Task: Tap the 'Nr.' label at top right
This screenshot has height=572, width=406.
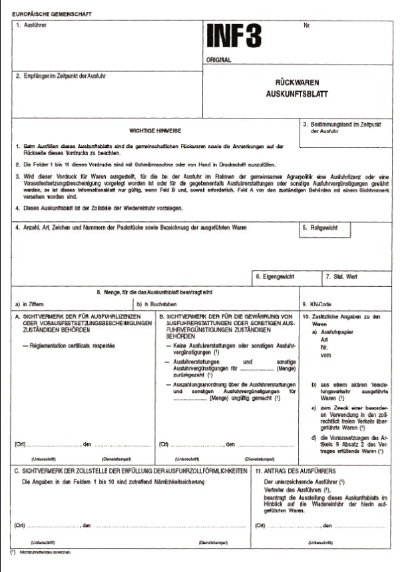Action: pyautogui.click(x=307, y=25)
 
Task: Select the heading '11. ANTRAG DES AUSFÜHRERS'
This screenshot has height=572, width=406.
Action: pyautogui.click(x=294, y=471)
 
